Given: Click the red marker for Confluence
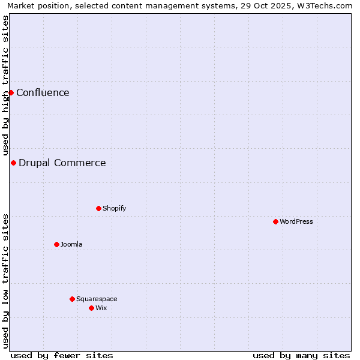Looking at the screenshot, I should pos(11,92).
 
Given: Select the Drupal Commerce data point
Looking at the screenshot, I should pos(13,163).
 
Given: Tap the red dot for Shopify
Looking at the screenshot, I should pos(98,208).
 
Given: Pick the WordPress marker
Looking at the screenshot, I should pos(275,221).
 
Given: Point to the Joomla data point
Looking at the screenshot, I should pos(56,244).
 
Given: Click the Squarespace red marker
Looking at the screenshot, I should pos(72,299).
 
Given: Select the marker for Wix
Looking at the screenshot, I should pos(91,308).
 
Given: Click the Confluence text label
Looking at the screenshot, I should pos(43,92).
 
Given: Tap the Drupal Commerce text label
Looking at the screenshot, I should pos(62,163).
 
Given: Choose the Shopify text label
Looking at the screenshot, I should pos(114,208).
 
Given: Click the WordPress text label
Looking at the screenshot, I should pos(296,221).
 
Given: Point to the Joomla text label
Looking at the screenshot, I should pos(71,244).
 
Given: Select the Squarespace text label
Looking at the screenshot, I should pos(97,299).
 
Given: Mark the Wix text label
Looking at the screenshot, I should pos(101,308).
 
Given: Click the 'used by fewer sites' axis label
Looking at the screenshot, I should pos(62,355).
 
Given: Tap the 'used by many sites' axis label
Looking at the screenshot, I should pos(301,355).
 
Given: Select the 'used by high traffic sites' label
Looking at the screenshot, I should pos(5,85).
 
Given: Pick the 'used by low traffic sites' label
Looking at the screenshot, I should pos(5,281).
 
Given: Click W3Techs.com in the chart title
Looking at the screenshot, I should pos(325,5).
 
